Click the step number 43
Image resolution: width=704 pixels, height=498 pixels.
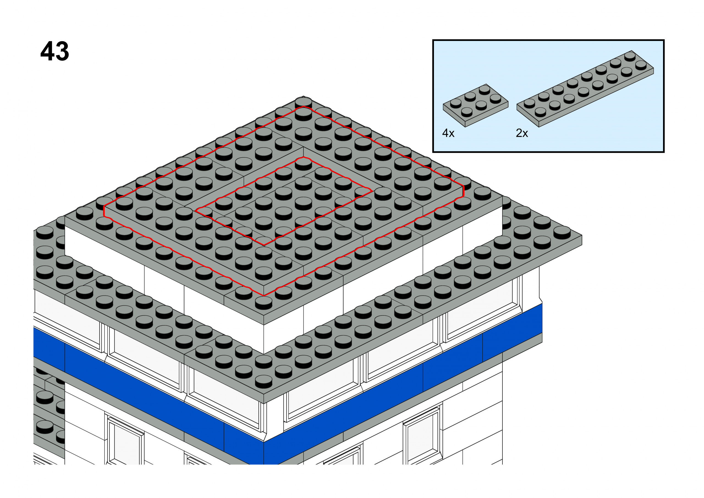coord(55,51)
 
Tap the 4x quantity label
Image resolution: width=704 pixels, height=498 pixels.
coord(448,133)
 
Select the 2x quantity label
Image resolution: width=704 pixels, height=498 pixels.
coord(522,133)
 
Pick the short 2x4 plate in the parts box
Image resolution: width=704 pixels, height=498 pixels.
coord(475,105)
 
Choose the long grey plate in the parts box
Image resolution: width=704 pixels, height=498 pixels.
coord(585,88)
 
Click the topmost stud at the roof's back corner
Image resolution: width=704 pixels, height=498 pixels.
coord(303,102)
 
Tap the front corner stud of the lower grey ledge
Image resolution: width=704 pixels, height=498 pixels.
coord(263,381)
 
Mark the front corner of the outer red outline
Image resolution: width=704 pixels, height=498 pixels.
coord(264,295)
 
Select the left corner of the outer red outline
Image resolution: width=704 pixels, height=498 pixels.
coord(104,211)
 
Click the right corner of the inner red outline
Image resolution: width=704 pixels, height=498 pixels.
coord(372,191)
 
